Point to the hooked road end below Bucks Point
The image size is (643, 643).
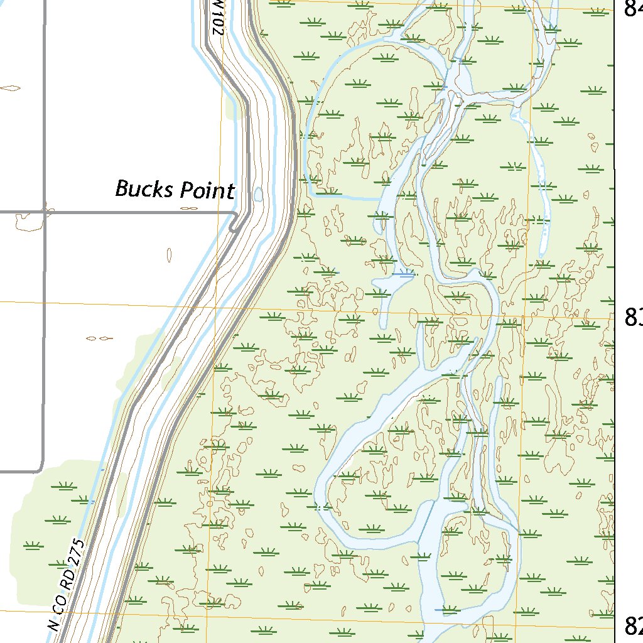coord(233,224)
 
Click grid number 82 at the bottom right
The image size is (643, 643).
coord(633,625)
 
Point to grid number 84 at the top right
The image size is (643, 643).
coord(633,8)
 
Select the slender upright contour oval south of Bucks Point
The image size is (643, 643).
coord(170,254)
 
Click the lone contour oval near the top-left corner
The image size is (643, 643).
coord(10,88)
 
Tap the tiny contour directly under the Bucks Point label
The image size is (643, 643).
coord(188,208)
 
